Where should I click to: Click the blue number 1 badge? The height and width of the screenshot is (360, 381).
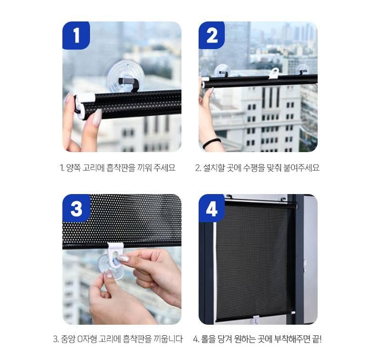76,35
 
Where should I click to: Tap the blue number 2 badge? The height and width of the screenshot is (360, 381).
212,35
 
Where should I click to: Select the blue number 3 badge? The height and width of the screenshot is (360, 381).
76,208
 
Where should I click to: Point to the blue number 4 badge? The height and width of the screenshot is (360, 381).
212,208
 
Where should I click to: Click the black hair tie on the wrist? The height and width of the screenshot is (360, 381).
211,143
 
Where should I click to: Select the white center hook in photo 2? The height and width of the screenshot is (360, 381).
274,72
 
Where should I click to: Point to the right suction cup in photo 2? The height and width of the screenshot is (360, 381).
302,70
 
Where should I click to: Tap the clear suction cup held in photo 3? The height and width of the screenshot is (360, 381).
110,266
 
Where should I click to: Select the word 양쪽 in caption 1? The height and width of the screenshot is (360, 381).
75,168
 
